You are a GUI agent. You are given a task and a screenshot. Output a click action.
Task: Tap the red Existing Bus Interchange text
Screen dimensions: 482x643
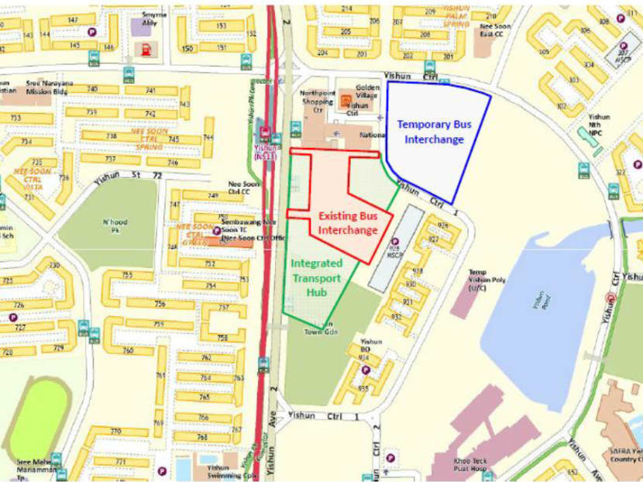tap(347, 223)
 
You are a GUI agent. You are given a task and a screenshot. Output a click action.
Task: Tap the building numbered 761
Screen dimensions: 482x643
tap(160, 375)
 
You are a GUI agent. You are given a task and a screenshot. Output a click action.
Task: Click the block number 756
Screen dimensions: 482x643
tap(159, 304)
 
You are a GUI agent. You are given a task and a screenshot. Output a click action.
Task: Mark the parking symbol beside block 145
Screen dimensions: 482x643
tap(92, 33)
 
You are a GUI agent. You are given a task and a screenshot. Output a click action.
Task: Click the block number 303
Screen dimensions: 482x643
tap(573, 80)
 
